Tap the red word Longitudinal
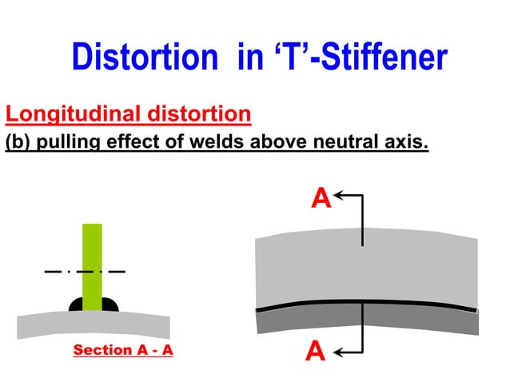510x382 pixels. (72, 113)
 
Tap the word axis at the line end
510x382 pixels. (404, 143)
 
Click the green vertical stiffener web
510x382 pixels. (93, 256)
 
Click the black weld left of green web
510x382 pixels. (77, 304)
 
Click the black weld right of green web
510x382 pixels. (110, 304)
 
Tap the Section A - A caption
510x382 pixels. (123, 350)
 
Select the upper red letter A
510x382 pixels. (321, 198)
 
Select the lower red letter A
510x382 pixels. (317, 351)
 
